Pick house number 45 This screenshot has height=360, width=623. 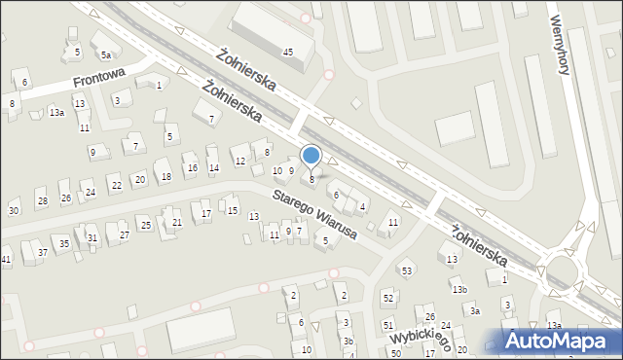pyautogui.click(x=287, y=51)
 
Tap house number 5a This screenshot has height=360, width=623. pyautogui.click(x=105, y=55)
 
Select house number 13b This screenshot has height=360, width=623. pyautogui.click(x=458, y=290)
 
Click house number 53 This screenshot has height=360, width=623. pyautogui.click(x=407, y=270)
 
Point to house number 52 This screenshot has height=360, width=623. pyautogui.click(x=387, y=298)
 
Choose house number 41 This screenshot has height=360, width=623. pyautogui.click(x=6, y=259)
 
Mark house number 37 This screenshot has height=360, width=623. pyautogui.click(x=42, y=253)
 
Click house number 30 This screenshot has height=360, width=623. pyautogui.click(x=14, y=211)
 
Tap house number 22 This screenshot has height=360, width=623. pyautogui.click(x=116, y=185)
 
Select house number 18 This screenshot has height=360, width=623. pyautogui.click(x=166, y=176)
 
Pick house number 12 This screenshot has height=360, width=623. pyautogui.click(x=239, y=161)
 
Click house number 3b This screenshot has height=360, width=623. pyautogui.click(x=348, y=342)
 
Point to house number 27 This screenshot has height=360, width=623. pyautogui.click(x=124, y=235)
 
